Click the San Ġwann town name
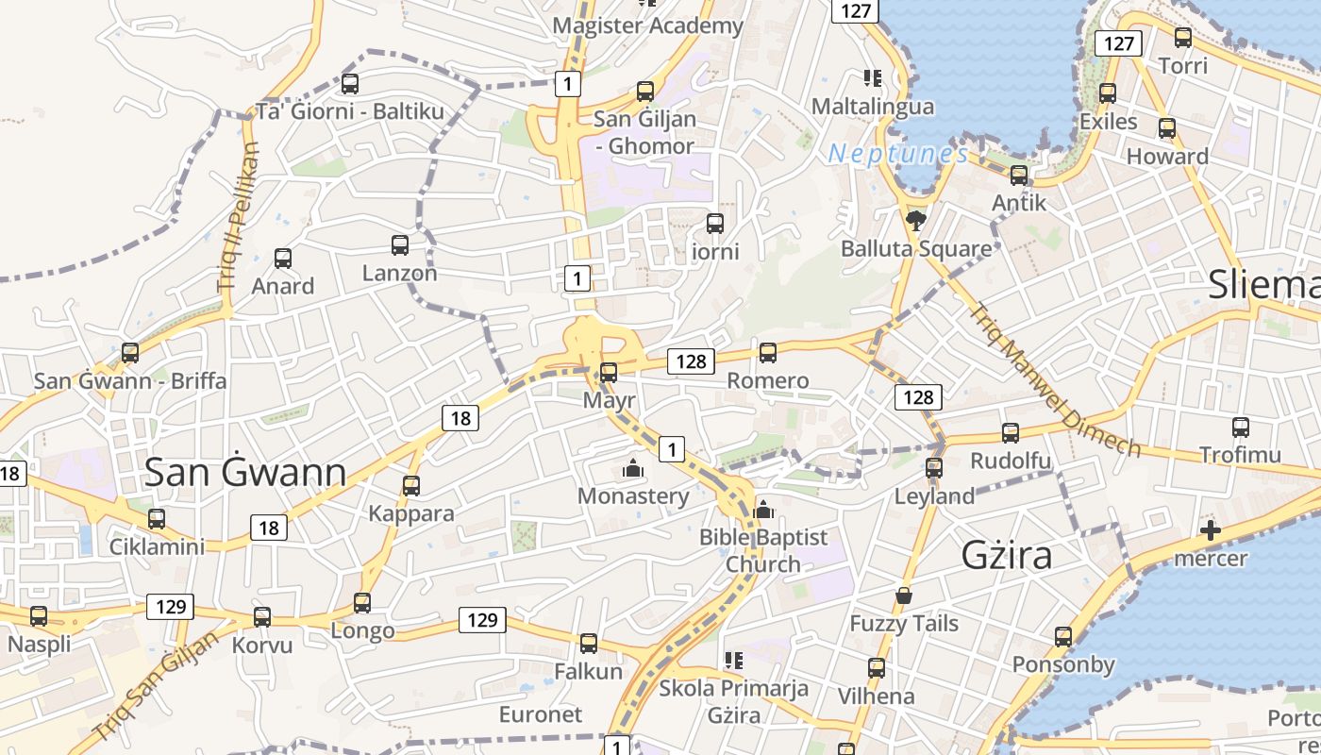click(245, 473)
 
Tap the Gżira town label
click(1007, 555)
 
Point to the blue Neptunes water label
click(898, 154)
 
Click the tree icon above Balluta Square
click(914, 221)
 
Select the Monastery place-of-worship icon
click(632, 467)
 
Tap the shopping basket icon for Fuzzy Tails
click(903, 596)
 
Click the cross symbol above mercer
click(1210, 530)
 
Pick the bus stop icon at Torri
click(1182, 38)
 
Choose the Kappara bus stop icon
click(411, 486)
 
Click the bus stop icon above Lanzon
click(400, 245)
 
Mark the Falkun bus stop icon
click(589, 644)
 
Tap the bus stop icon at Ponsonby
click(1063, 637)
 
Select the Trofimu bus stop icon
click(1241, 428)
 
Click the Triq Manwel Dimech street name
click(1057, 379)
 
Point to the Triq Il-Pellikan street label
click(238, 216)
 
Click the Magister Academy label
click(648, 25)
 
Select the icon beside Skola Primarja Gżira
click(733, 660)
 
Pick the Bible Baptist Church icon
click(763, 510)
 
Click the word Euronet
click(541, 713)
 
